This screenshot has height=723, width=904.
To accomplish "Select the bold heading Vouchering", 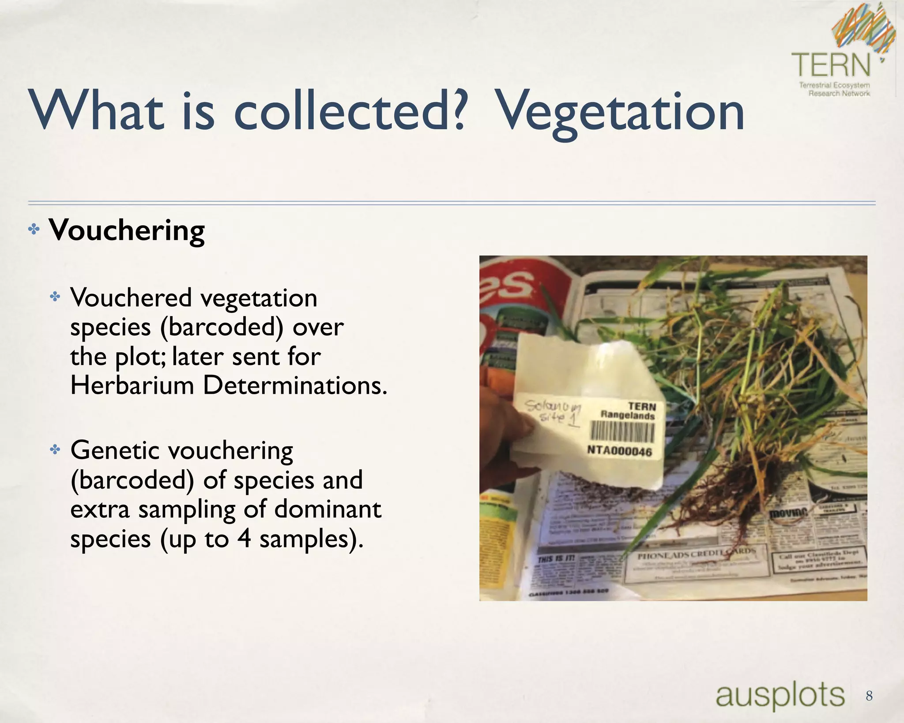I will [127, 230].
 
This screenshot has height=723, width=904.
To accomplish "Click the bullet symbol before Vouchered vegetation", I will [55, 297].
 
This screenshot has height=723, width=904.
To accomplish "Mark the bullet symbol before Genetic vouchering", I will [55, 450].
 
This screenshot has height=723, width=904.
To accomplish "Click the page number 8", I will [869, 696].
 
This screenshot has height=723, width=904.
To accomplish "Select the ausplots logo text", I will [780, 695].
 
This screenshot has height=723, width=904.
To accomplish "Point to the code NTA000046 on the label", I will [619, 451].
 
